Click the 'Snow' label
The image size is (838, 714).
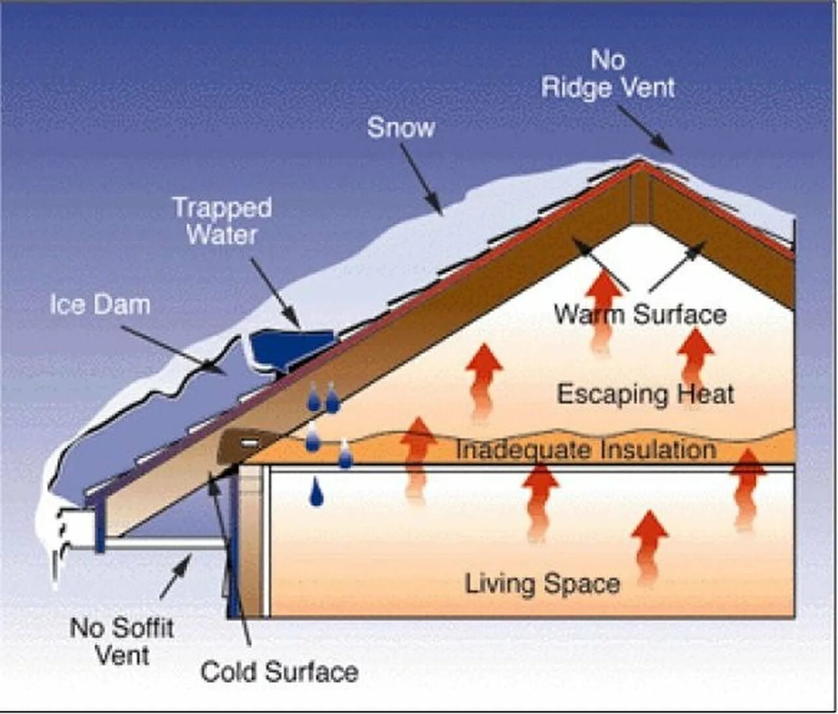(401, 127)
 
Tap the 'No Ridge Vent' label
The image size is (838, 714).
(608, 74)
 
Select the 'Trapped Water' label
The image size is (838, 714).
(222, 221)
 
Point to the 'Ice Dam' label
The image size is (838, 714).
(100, 304)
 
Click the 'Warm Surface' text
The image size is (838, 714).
(640, 314)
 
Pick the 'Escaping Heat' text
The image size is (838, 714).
(645, 394)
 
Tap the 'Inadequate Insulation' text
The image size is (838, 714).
(585, 450)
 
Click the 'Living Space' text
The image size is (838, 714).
(542, 583)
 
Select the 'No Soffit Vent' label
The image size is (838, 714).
(122, 641)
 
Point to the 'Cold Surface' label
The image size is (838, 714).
(279, 672)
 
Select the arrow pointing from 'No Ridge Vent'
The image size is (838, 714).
(644, 130)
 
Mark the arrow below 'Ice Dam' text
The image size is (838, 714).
(173, 349)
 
